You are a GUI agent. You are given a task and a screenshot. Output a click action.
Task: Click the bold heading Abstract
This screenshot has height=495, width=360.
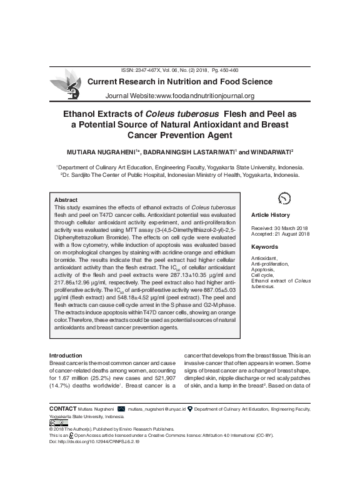(67, 199)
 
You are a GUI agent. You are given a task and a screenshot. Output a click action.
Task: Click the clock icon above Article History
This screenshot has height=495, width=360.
(284, 198)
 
